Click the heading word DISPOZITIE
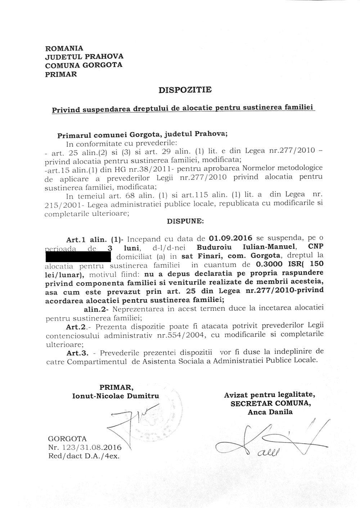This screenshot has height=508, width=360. coord(185,90)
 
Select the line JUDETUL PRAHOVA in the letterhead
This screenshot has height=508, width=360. coord(84,57)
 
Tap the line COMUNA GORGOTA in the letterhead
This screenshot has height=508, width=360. coord(84,65)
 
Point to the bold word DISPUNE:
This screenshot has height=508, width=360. coord(185,221)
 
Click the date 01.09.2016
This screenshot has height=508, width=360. coord(230,239)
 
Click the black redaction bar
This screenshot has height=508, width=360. coord(77,257)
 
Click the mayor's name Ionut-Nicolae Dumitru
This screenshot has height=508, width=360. coord(116,396)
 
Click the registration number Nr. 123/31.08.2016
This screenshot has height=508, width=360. coord(85,448)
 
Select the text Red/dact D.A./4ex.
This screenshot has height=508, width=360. coord(83,456)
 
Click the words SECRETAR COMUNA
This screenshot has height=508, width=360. coord(270,404)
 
